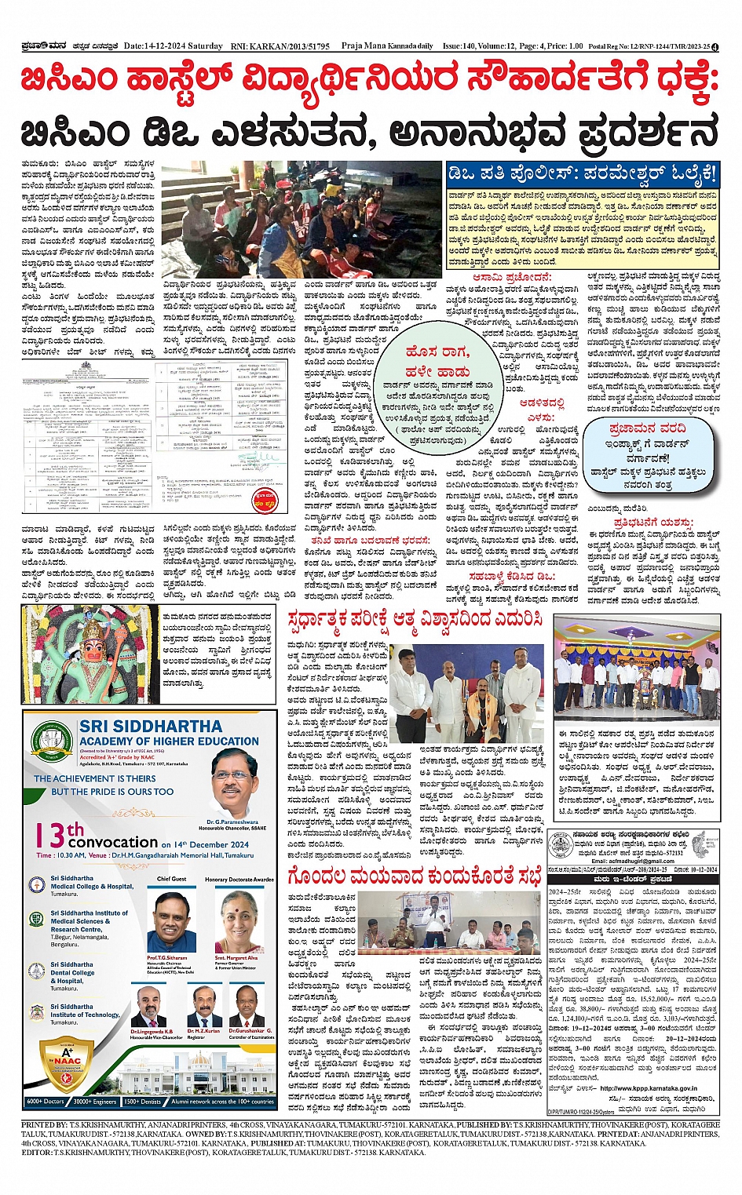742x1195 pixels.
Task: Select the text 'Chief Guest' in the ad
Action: (x=171, y=879)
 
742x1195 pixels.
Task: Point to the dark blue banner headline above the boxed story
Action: (x=582, y=173)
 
